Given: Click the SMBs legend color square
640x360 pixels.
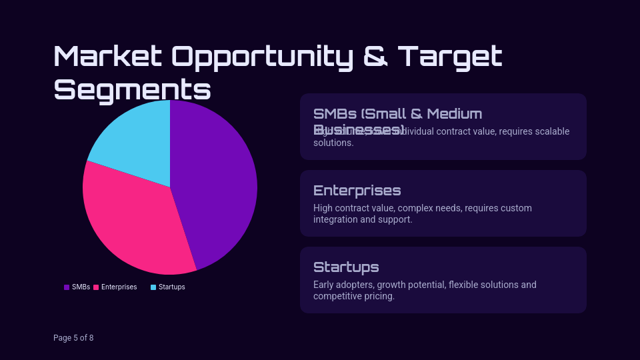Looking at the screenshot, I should click(67, 287).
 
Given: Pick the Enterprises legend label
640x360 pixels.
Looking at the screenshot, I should click(119, 287).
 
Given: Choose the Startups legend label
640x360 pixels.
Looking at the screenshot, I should click(172, 287).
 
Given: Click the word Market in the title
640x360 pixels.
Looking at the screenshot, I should click(107, 57).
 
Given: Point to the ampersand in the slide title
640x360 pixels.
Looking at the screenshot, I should click(376, 57).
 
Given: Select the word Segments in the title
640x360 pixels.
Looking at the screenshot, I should click(132, 89).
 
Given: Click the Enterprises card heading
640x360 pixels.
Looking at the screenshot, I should click(357, 191).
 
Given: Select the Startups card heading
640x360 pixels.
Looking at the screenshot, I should click(346, 267).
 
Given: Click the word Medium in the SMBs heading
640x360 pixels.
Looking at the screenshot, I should click(455, 114).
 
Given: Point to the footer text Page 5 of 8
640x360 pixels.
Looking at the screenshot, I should click(73, 338).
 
